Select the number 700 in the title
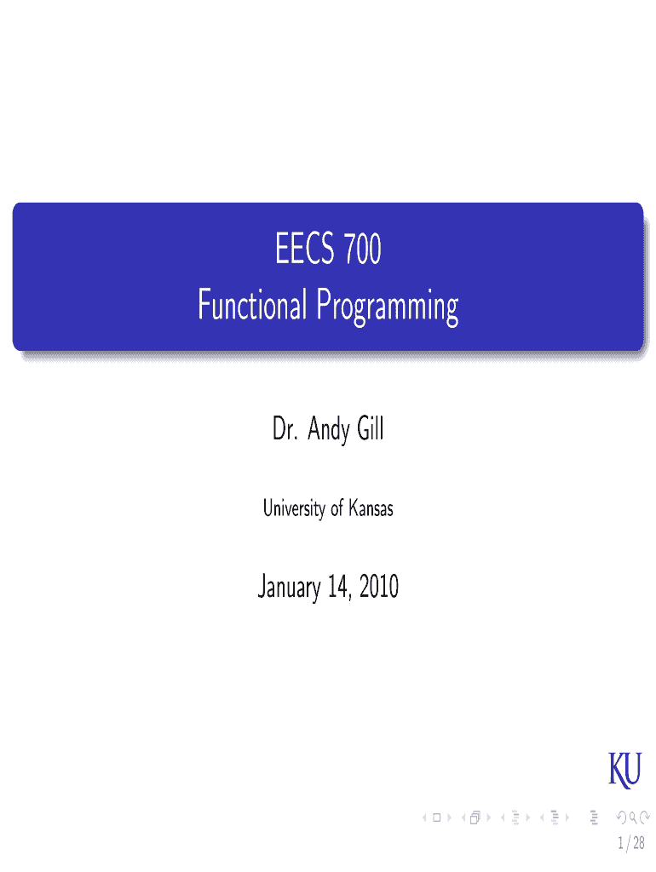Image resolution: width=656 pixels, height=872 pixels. [x=363, y=249]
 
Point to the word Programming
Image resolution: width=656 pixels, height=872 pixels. [x=388, y=307]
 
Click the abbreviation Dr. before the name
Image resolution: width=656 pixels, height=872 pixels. [x=285, y=429]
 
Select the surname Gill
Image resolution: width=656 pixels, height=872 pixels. [x=371, y=428]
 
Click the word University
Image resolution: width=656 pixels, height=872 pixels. [x=294, y=508]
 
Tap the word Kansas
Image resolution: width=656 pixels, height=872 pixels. [x=371, y=508]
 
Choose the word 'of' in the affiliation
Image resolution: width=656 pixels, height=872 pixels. [x=337, y=508]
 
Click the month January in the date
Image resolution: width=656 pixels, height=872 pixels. [x=290, y=588]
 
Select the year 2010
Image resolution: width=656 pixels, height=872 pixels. [x=379, y=587]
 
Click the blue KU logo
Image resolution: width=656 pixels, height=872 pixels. [x=624, y=770]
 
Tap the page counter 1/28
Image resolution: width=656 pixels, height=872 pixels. [x=631, y=843]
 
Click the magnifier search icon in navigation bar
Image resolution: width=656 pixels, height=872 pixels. [x=633, y=817]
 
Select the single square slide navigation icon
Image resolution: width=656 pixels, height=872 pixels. [x=437, y=817]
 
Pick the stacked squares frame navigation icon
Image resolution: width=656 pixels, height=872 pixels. [x=475, y=817]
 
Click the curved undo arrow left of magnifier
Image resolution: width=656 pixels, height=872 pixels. [x=622, y=817]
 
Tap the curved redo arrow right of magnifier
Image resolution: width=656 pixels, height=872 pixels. [x=645, y=817]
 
